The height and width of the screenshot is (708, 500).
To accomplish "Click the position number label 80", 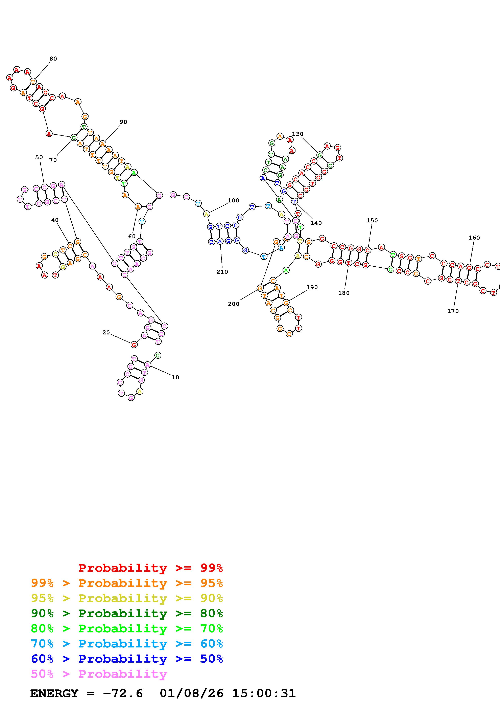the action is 53,59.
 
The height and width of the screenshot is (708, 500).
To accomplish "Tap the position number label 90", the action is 123,122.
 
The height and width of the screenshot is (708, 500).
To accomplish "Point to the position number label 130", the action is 297,134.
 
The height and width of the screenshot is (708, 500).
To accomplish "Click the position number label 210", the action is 222,272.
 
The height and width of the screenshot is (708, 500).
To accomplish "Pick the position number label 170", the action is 453,311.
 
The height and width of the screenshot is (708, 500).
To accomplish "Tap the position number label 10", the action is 175,377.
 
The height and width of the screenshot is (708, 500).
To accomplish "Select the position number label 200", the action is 234,304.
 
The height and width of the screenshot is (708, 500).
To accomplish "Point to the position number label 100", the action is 233,200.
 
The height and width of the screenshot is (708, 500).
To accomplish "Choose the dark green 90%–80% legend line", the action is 127,613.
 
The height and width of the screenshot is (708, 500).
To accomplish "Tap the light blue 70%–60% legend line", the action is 127,644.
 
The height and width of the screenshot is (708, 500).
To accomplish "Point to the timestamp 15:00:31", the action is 264,693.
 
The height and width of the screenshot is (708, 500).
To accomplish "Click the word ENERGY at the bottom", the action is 54,693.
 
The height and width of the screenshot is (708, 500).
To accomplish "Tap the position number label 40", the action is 55,220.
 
